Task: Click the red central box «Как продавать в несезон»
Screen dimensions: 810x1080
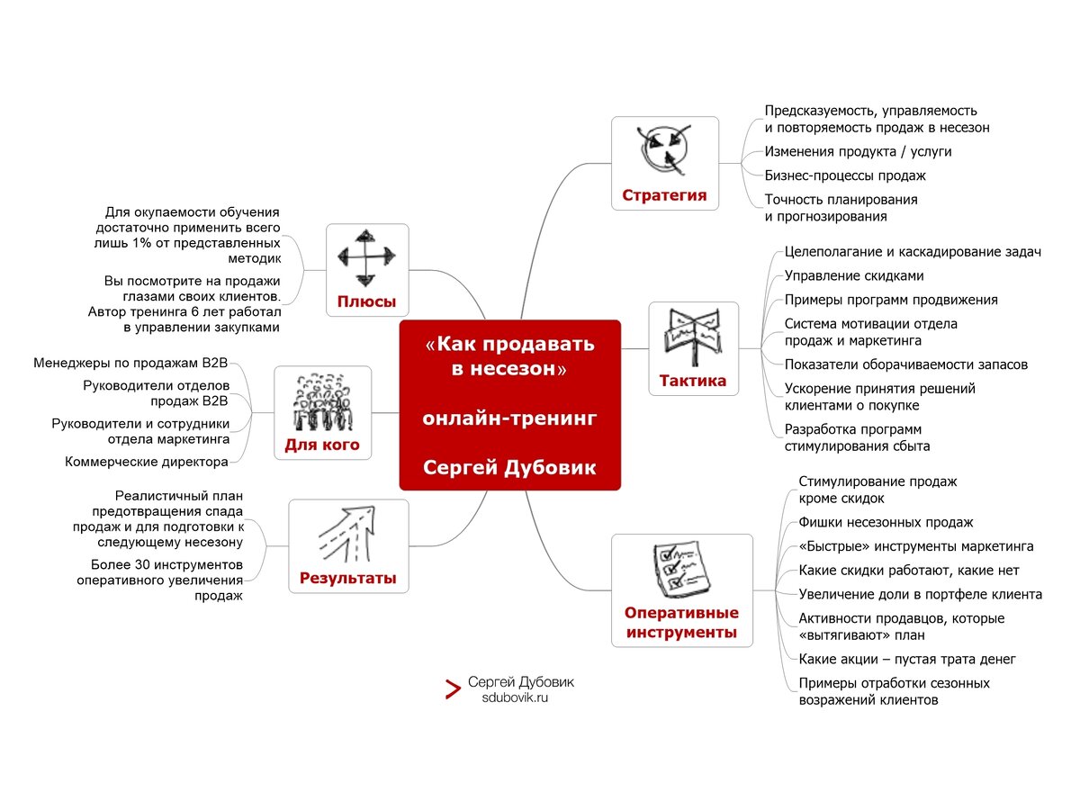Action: [509, 405]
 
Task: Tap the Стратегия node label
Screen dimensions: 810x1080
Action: [664, 195]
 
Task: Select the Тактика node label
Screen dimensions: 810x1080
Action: [692, 381]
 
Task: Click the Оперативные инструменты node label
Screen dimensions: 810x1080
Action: [681, 623]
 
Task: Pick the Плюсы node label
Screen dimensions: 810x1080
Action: [366, 301]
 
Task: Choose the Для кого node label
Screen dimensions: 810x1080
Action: [322, 445]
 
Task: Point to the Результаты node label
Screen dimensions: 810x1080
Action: [347, 578]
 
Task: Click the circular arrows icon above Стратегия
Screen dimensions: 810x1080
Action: [664, 150]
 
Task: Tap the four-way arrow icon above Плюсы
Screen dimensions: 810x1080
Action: [366, 258]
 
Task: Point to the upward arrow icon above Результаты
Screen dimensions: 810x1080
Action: [347, 534]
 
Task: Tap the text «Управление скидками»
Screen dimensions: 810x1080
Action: [854, 275]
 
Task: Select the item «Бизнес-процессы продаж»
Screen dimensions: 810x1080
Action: [845, 175]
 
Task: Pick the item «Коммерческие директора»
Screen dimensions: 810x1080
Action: [147, 462]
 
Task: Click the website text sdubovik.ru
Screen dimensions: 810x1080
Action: [515, 697]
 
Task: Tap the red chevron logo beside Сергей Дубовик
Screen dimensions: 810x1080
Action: [453, 690]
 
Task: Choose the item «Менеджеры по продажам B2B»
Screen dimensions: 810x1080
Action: [130, 364]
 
